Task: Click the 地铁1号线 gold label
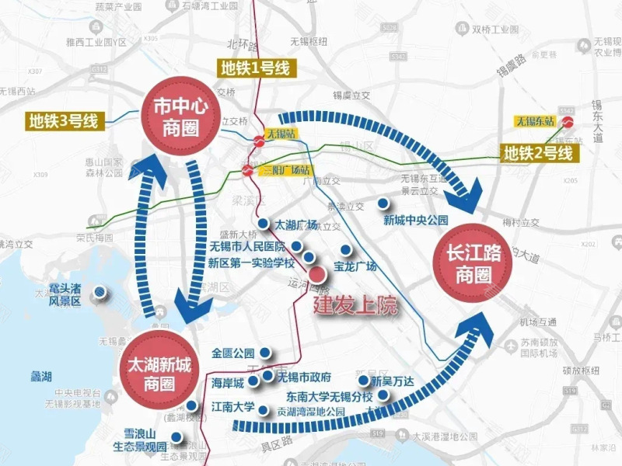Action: click(255, 68)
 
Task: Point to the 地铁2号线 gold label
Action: click(538, 153)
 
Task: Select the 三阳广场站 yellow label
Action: click(285, 169)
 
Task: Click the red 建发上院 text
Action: click(355, 305)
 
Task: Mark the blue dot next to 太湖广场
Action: click(264, 224)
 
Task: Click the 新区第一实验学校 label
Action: click(251, 263)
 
